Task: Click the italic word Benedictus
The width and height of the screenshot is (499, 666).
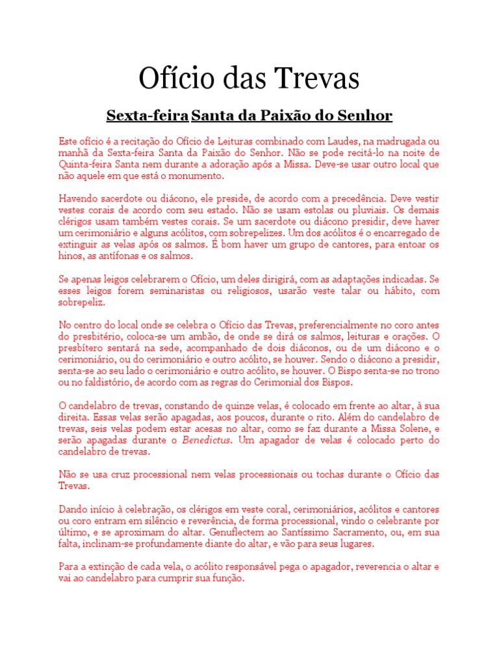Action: pyautogui.click(x=206, y=440)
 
